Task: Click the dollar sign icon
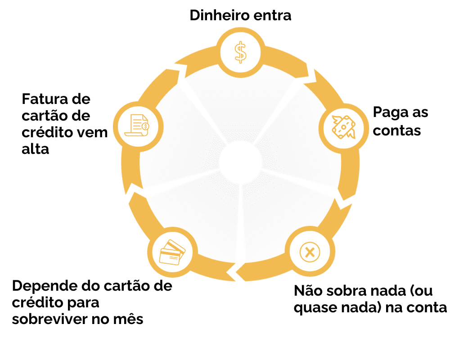pos(241,52)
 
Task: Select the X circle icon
pos(310,252)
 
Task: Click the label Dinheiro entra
pos(240,15)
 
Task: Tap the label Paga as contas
pos(400,121)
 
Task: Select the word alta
pos(35,149)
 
